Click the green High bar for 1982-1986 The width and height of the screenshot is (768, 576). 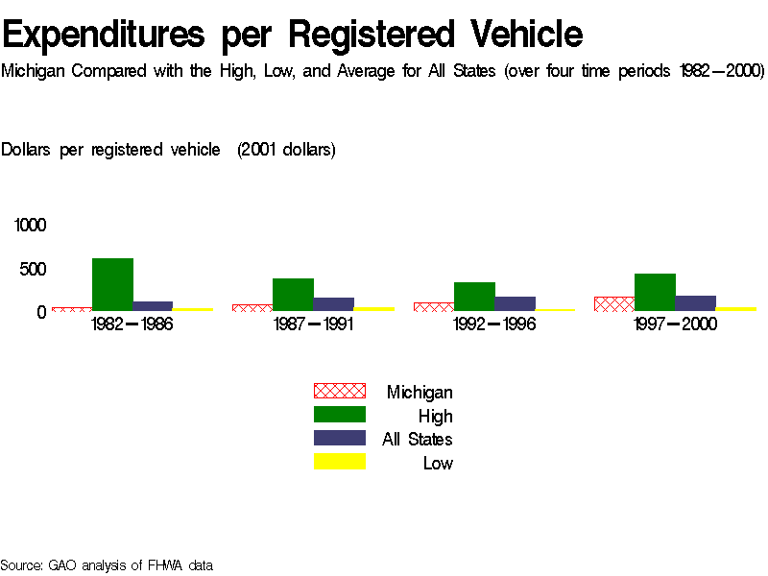point(112,284)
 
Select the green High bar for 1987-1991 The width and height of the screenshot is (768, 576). point(293,294)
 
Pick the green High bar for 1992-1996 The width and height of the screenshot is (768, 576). point(474,296)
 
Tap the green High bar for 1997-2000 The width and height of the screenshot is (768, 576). point(655,292)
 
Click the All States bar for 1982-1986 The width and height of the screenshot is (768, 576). point(153,306)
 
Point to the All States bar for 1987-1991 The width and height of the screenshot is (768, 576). point(333,304)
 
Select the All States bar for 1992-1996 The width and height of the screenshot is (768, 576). point(515,303)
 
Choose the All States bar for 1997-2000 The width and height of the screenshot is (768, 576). point(695,303)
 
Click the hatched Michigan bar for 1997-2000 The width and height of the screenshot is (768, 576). point(614,303)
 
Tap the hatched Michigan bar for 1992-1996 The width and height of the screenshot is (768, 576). point(434,307)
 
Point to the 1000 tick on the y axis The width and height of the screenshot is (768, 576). point(30,226)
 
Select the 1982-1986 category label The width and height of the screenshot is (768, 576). point(132,324)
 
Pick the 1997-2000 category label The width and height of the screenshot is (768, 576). point(675,324)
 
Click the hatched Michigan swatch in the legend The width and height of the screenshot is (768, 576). point(340,391)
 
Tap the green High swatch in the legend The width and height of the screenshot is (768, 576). point(340,415)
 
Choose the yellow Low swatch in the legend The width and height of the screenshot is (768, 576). point(340,462)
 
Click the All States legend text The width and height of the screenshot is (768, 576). point(418,440)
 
